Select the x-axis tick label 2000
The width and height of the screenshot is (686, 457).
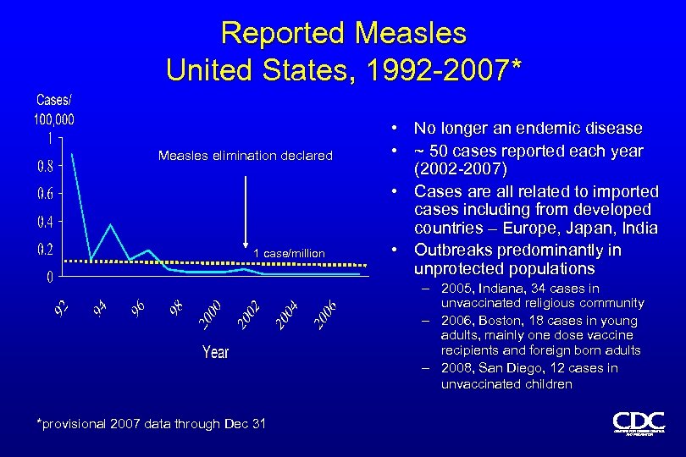[x=209, y=314]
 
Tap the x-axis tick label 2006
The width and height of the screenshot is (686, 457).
[x=326, y=314]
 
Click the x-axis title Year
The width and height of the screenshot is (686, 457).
[x=215, y=351]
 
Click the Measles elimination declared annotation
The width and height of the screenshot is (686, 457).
[x=246, y=155]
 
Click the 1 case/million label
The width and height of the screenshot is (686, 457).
[x=289, y=253]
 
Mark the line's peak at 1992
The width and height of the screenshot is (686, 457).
[x=73, y=154]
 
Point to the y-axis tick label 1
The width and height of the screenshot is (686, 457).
[x=51, y=137]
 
